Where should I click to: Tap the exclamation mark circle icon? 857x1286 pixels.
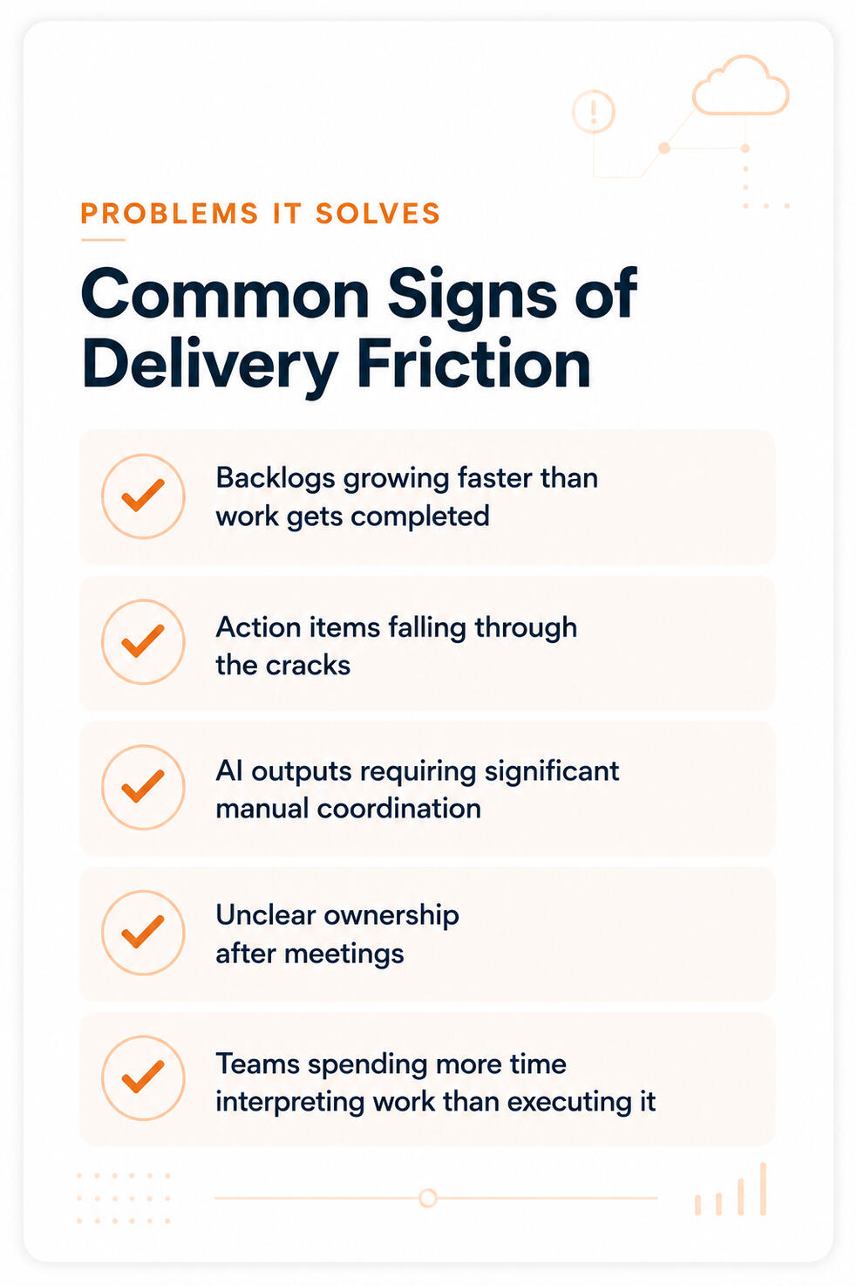click(x=593, y=112)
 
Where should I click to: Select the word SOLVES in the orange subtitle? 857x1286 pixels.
click(x=377, y=214)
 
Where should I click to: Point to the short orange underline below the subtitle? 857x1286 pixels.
click(x=103, y=239)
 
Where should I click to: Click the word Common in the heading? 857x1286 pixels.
click(x=226, y=294)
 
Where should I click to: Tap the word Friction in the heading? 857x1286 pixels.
click(x=473, y=364)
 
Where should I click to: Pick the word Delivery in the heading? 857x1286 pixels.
click(x=210, y=366)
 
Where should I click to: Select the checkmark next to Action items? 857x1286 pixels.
click(x=143, y=641)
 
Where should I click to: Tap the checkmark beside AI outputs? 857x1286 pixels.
click(x=143, y=787)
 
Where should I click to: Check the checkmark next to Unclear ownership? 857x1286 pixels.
click(x=143, y=932)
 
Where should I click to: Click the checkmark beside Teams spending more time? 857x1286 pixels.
click(x=143, y=1077)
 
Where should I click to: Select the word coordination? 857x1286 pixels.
click(x=398, y=809)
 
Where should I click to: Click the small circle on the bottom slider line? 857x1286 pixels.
click(x=427, y=1198)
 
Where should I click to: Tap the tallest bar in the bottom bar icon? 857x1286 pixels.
click(x=763, y=1188)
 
